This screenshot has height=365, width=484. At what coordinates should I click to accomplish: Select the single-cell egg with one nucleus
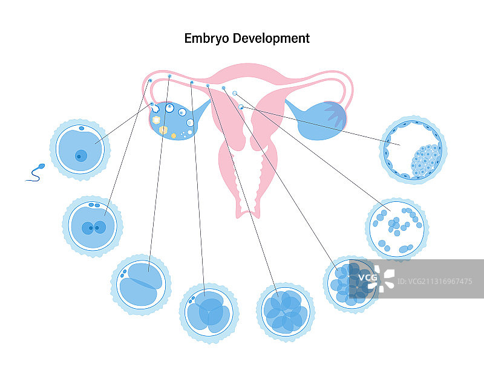pyautogui.click(x=79, y=149)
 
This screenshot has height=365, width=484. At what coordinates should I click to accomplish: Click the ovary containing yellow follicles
pyautogui.click(x=172, y=120)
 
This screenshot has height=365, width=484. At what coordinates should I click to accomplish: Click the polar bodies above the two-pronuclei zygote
pyautogui.click(x=94, y=205)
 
